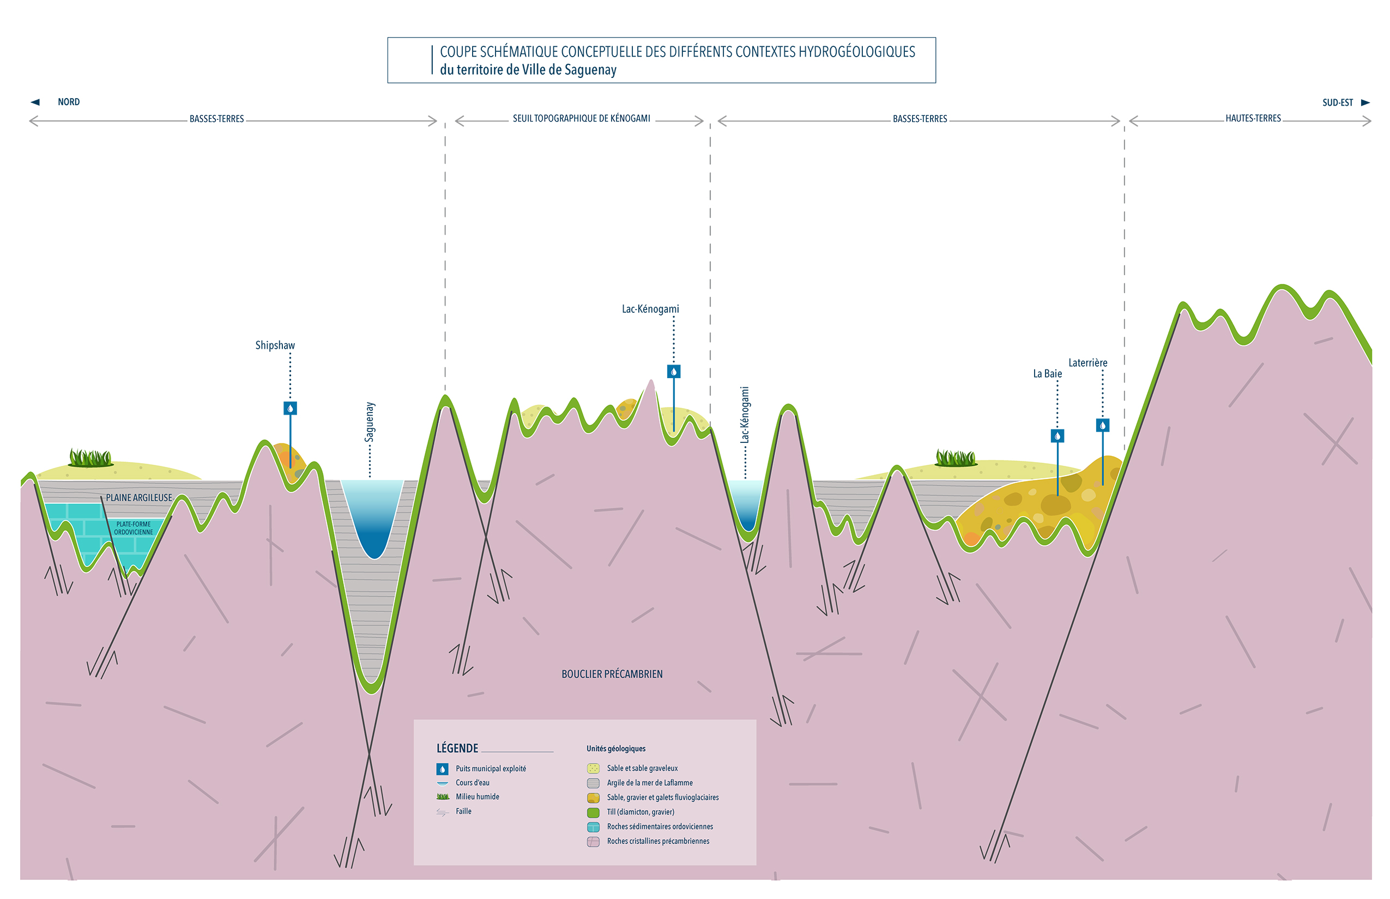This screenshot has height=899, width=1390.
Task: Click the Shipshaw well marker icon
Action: [x=290, y=408]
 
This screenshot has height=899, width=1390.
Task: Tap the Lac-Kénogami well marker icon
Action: [x=673, y=371]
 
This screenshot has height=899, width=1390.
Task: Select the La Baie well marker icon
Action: [x=1057, y=435]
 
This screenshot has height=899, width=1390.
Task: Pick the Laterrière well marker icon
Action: [x=1103, y=425]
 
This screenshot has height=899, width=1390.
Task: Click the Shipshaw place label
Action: [x=275, y=345]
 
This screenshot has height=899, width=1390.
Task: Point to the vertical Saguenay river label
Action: [x=370, y=422]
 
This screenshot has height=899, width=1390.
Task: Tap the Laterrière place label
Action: [x=1087, y=362]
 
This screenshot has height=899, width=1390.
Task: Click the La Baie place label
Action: [x=1047, y=374]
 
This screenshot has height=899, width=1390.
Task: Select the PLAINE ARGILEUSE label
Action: [x=139, y=497]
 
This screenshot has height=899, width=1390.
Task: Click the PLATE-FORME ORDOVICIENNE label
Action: [x=133, y=528]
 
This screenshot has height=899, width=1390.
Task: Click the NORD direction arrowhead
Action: [x=35, y=102]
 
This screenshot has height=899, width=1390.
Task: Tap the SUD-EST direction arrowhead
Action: [x=1365, y=103]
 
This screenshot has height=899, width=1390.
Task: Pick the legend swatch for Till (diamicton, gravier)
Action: [x=594, y=812]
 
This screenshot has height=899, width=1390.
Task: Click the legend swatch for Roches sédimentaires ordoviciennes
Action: [x=594, y=827]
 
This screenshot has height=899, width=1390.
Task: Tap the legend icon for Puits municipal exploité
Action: [x=443, y=769]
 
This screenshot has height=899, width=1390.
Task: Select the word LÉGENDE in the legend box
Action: [x=457, y=749]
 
